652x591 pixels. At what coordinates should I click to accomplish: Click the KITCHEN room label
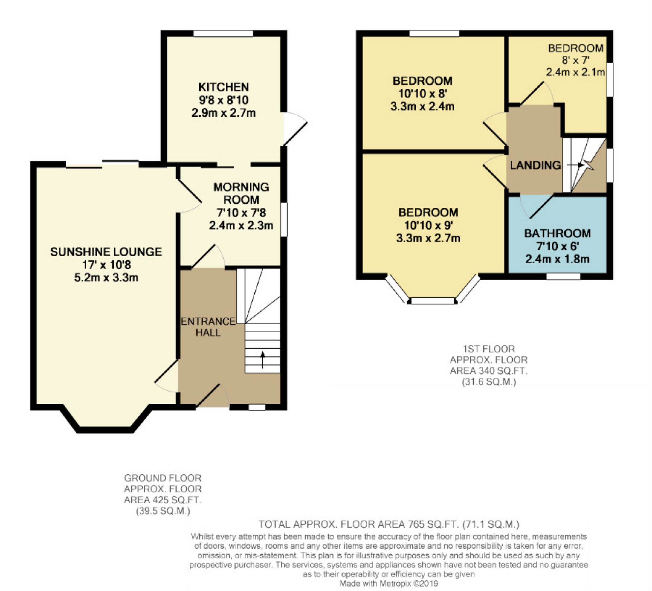[x=223, y=87]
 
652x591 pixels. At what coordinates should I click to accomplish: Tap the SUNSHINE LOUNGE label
[x=106, y=252]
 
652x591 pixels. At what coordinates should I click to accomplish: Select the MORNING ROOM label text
[x=241, y=193]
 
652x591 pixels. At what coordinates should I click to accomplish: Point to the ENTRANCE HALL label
[x=208, y=327]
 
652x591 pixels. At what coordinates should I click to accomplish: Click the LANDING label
[x=535, y=165]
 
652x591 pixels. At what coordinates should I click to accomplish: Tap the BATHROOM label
[x=558, y=233]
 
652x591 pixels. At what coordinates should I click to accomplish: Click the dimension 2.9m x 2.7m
[x=223, y=113]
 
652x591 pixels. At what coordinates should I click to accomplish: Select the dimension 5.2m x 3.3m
[x=106, y=278]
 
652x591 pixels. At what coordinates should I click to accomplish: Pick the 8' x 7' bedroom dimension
[x=576, y=60]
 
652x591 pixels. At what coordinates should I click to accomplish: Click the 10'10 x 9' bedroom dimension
[x=428, y=225]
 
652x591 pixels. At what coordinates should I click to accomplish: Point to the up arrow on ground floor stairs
[x=263, y=360]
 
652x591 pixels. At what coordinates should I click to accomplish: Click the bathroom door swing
[x=536, y=206]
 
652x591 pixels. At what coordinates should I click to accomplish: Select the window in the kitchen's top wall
[x=223, y=33]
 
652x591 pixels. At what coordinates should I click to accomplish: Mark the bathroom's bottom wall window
[x=563, y=276]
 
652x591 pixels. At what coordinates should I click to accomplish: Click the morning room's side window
[x=284, y=219]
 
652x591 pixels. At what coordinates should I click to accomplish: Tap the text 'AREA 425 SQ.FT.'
[x=163, y=500]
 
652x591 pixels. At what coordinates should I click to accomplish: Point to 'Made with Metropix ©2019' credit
[x=389, y=584]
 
